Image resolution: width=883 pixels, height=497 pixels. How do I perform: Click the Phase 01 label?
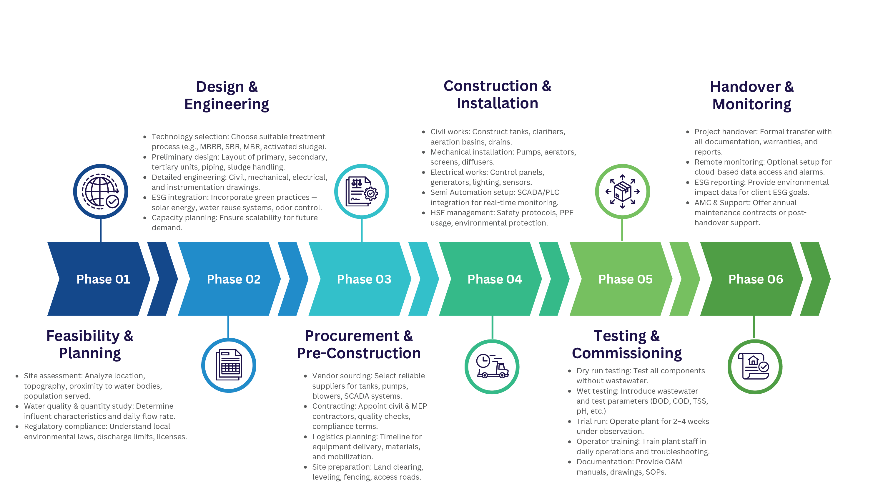103,279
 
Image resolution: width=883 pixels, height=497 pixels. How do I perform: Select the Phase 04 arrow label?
494,279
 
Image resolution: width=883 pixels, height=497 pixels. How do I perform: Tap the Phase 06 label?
756,279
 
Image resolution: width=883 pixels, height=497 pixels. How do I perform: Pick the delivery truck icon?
492,367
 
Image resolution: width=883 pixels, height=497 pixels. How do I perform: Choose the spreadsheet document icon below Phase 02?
229,365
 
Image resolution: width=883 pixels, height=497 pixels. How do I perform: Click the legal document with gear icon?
361,191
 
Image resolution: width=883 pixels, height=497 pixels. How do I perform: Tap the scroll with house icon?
754,367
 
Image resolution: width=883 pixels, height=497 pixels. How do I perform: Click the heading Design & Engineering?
227,96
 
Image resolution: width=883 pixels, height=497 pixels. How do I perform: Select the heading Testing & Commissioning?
627,344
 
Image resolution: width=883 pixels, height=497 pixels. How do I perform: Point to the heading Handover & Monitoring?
752,96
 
